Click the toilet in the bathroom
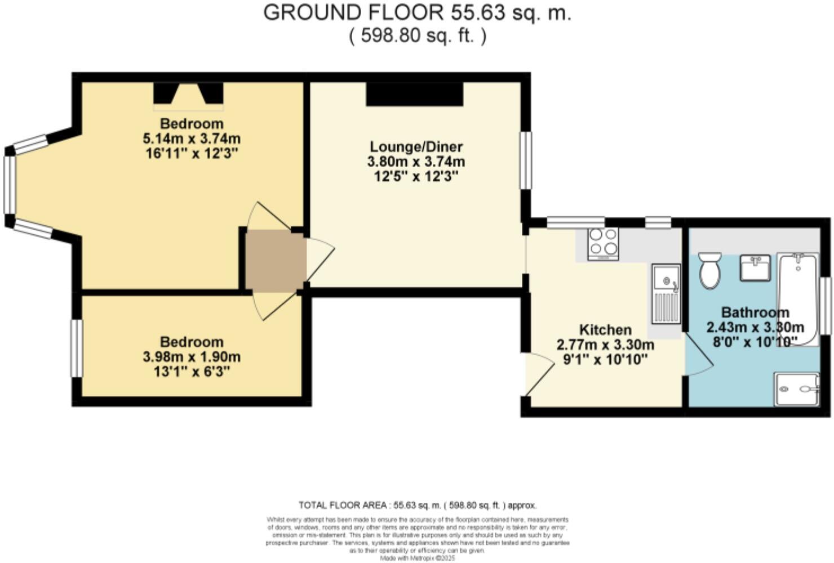pyautogui.click(x=709, y=270)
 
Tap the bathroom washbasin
pyautogui.click(x=755, y=267)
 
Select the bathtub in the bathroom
pyautogui.click(x=797, y=298)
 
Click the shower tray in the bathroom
pyautogui.click(x=797, y=388)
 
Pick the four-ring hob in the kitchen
pyautogui.click(x=602, y=243)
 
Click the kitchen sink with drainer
pyautogui.click(x=667, y=294)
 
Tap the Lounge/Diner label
pyautogui.click(x=416, y=147)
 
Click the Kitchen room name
pyautogui.click(x=605, y=330)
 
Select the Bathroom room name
pyautogui.click(x=755, y=312)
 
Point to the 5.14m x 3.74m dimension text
pyautogui.click(x=192, y=138)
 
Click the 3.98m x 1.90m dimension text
pyautogui.click(x=192, y=357)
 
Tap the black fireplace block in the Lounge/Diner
pyautogui.click(x=414, y=94)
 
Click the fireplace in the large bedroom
pyautogui.click(x=188, y=93)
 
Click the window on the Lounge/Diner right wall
pyautogui.click(x=525, y=160)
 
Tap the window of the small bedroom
pyautogui.click(x=76, y=348)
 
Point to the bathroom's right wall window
pyautogui.click(x=826, y=306)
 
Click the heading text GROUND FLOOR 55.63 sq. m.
pyautogui.click(x=417, y=12)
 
